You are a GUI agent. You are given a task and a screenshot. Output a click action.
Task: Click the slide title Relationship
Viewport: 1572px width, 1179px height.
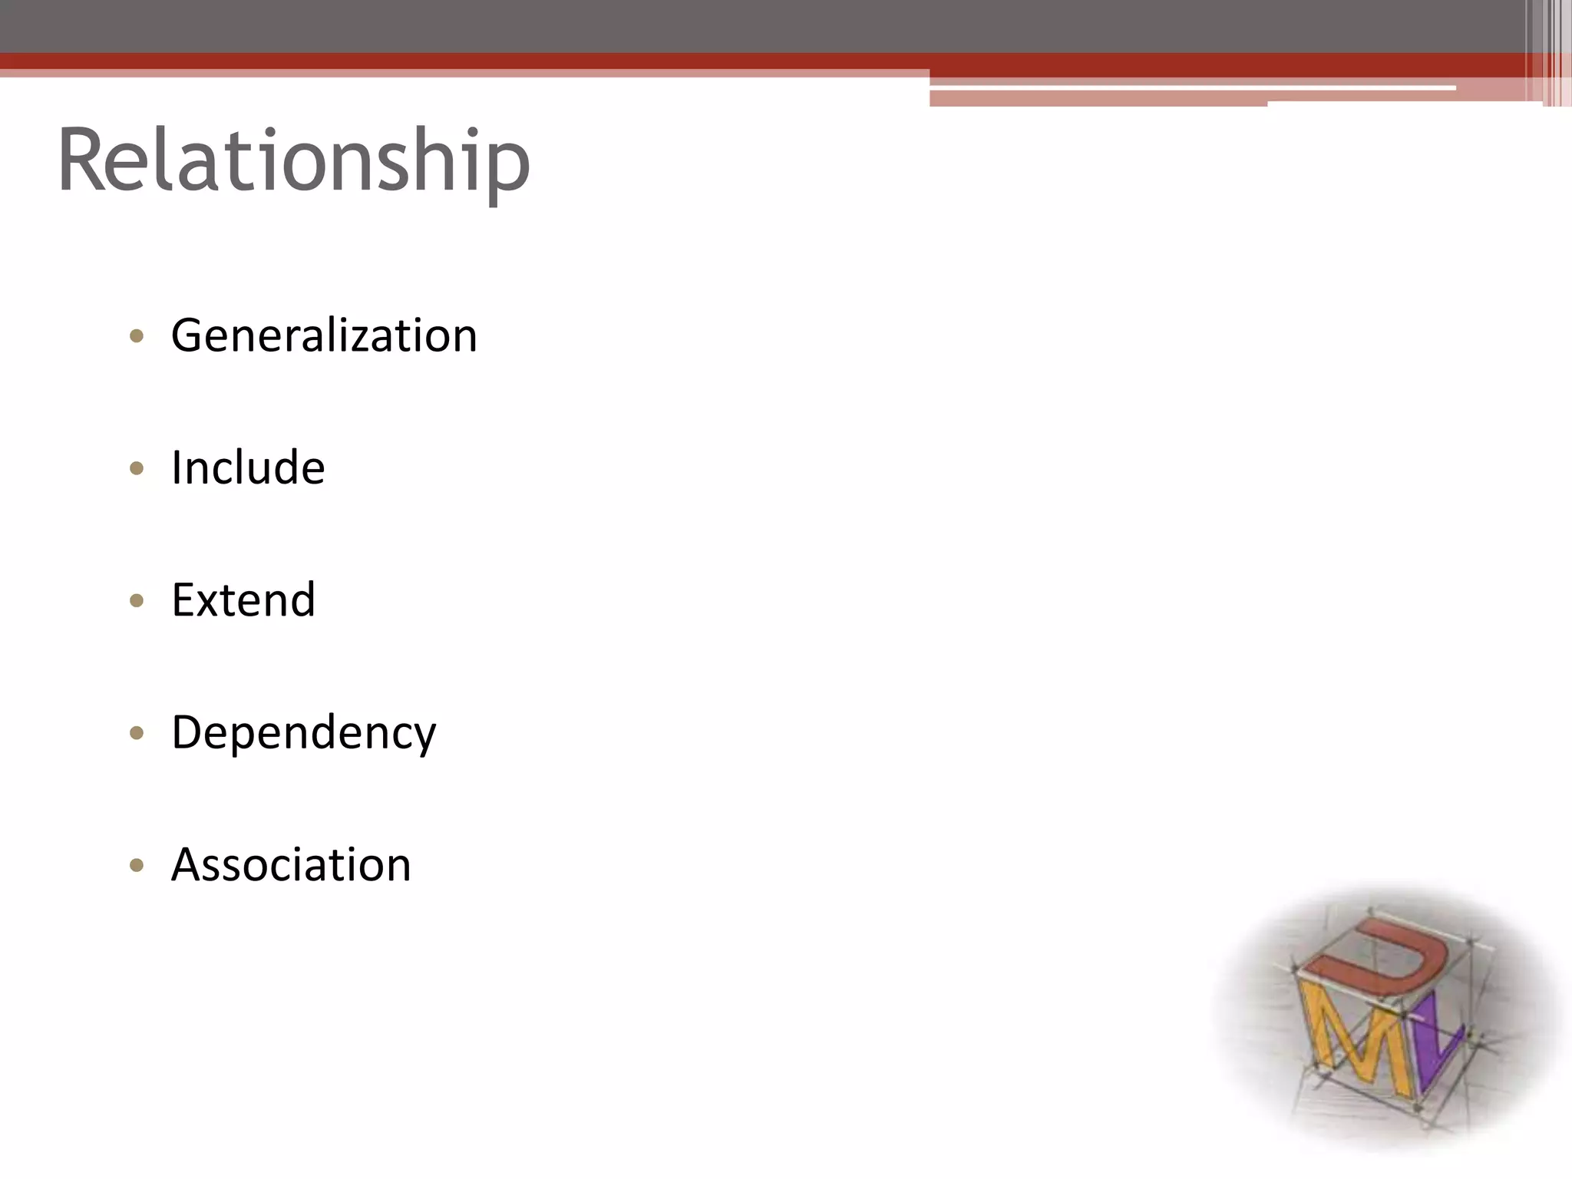click(x=293, y=161)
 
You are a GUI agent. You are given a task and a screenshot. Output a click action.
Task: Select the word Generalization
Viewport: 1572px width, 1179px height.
click(x=324, y=335)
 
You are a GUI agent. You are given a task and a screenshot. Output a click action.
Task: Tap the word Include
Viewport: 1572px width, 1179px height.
click(x=248, y=467)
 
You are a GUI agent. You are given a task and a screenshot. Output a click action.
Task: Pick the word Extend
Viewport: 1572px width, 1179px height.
click(x=243, y=599)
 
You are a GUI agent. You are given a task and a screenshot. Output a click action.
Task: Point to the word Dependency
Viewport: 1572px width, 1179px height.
click(x=303, y=732)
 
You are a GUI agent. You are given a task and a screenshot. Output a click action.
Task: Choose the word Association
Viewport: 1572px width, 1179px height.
click(x=291, y=865)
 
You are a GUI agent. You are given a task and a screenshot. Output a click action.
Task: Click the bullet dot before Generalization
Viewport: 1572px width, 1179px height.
click(x=137, y=335)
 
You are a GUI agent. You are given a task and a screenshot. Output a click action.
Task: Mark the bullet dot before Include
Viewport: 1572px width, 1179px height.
click(x=137, y=468)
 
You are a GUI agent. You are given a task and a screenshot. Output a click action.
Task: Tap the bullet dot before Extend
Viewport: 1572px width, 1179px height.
click(x=137, y=600)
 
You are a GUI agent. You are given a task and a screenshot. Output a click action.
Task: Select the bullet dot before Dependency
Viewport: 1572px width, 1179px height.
click(x=137, y=733)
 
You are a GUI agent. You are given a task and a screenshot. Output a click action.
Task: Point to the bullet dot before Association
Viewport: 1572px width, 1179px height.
click(x=137, y=866)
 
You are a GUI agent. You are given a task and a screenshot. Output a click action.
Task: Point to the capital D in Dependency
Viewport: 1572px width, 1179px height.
click(x=189, y=732)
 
